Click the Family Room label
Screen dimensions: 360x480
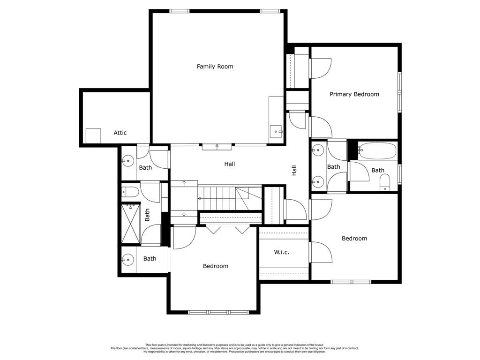pos(215,67)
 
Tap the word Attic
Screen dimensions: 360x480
pos(120,133)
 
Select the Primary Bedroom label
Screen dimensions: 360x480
pos(354,94)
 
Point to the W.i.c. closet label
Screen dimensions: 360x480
pos(281,252)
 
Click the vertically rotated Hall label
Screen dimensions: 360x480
pos(294,170)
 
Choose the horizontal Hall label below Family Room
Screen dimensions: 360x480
pos(229,164)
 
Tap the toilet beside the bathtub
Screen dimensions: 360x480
pos(385,182)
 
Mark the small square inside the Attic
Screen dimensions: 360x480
pos(93,136)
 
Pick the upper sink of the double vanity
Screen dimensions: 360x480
pos(318,150)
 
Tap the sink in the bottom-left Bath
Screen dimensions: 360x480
pos(127,259)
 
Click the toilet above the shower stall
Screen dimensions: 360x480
pos(130,191)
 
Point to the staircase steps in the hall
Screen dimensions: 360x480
pos(217,198)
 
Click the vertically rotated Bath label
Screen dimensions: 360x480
pos(147,215)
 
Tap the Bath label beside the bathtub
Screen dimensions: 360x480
pos(378,170)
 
